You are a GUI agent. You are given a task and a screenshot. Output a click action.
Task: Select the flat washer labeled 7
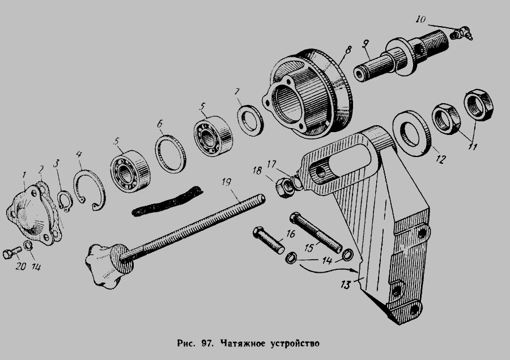coord(250,120)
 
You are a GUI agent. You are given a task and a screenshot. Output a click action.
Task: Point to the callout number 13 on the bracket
coord(346,285)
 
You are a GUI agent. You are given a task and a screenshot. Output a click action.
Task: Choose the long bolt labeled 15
coord(316,232)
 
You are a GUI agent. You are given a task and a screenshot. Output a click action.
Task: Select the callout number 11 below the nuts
coord(472,146)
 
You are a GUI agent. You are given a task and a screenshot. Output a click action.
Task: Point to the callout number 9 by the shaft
coord(365,43)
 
